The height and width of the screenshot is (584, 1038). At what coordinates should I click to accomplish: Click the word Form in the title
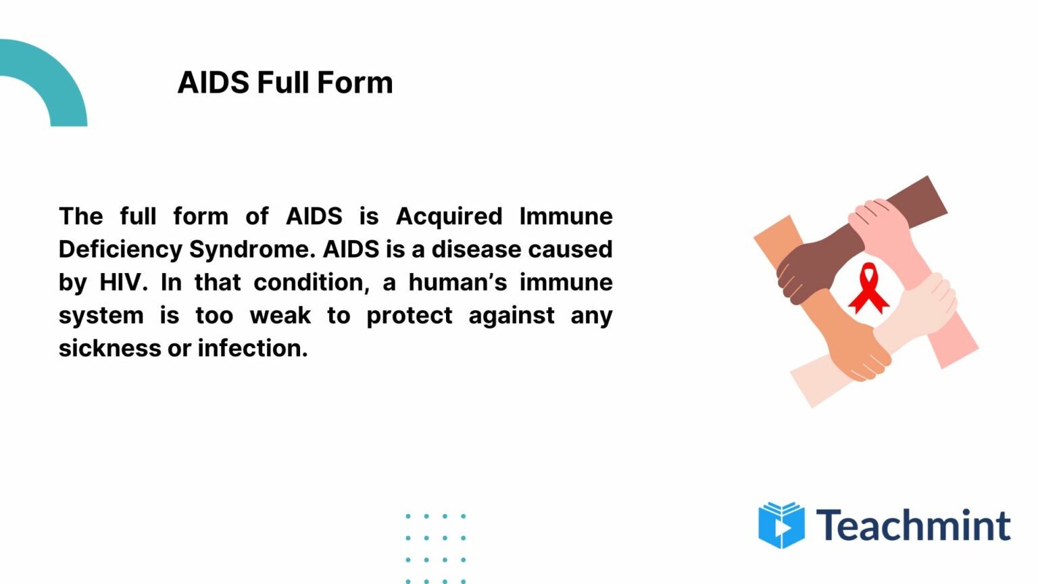coord(355,82)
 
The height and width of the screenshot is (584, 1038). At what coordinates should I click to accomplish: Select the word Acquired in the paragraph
coord(449,217)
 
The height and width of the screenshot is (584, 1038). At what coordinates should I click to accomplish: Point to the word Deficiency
coord(120,250)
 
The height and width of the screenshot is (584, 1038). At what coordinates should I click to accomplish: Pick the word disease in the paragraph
coord(476,250)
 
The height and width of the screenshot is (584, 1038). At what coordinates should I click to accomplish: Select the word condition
coord(312,283)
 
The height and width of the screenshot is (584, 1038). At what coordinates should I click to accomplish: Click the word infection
coord(253,349)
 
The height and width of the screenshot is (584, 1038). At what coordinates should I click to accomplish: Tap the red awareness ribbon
coord(868,289)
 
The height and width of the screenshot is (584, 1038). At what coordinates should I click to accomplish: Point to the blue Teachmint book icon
coord(781,525)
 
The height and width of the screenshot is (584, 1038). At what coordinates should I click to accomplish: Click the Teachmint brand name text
coord(913,525)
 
